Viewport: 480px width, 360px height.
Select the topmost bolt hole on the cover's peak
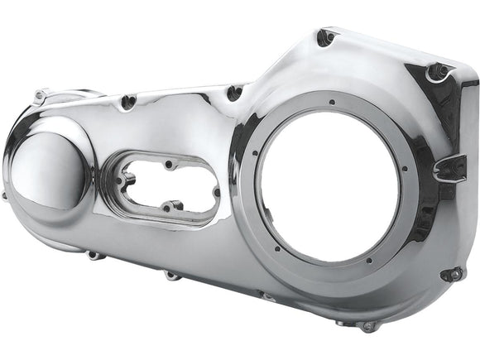click(x=326, y=36)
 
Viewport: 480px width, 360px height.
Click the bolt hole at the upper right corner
click(x=436, y=73)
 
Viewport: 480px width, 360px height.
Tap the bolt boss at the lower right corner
click(x=452, y=274)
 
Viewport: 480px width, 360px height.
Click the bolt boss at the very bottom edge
click(x=367, y=325)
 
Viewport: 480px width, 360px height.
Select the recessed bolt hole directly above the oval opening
click(x=127, y=102)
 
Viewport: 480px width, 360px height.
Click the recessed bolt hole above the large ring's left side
click(x=234, y=92)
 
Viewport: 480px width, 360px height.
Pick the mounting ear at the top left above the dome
click(x=39, y=96)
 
